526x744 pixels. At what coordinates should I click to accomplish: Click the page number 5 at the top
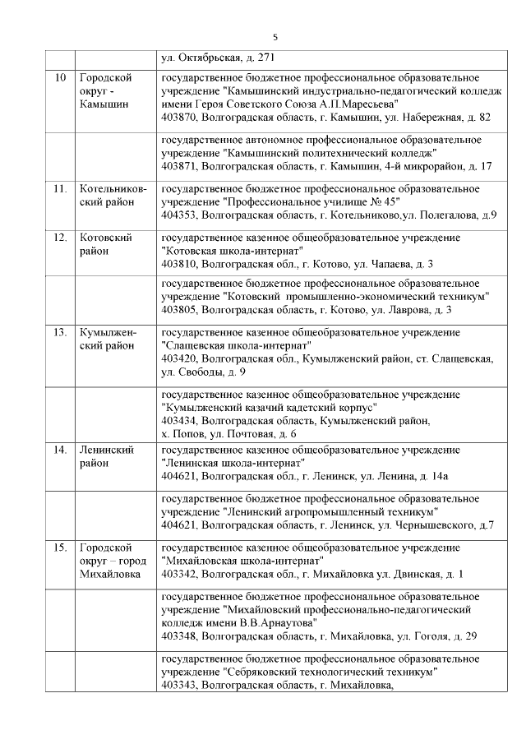coord(275,37)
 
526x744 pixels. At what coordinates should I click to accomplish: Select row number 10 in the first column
coord(59,78)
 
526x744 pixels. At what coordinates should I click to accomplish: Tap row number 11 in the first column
coord(60,188)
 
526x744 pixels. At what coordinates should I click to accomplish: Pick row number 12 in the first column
coord(60,238)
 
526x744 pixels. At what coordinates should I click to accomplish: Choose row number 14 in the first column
coord(60,450)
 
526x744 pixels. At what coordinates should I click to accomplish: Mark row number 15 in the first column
coord(60,547)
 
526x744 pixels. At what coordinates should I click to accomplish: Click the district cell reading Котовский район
coord(105,244)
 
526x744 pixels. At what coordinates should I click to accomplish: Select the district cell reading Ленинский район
coord(105,456)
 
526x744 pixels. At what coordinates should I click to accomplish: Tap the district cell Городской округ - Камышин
coord(105,90)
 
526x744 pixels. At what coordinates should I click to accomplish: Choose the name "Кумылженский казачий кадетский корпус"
coord(270,407)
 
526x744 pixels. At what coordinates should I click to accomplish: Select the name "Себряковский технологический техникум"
coord(329,672)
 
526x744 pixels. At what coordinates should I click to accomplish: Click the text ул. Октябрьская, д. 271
coord(218,58)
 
